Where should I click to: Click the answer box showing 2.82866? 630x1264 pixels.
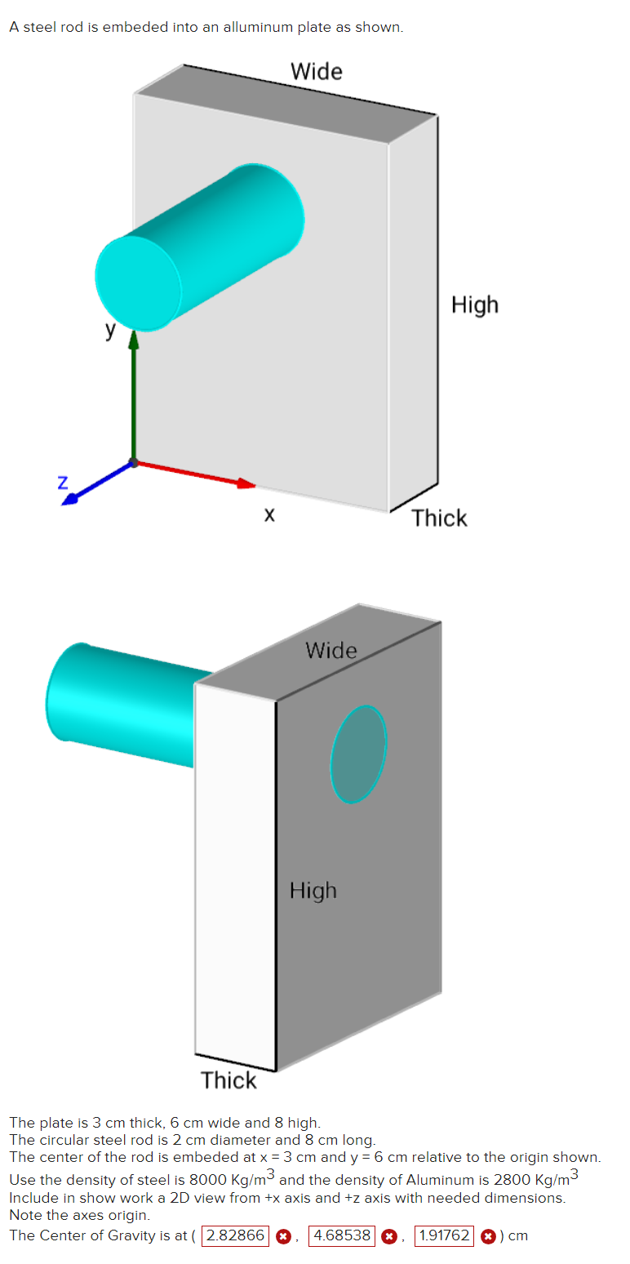click(235, 1235)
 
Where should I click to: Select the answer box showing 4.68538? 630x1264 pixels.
click(341, 1235)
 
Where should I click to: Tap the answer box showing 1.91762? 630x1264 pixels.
click(444, 1235)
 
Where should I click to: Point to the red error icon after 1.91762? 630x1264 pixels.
click(488, 1236)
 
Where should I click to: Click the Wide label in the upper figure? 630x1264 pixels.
click(317, 72)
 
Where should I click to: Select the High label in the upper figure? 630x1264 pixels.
click(474, 305)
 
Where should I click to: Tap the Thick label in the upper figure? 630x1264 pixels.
click(439, 519)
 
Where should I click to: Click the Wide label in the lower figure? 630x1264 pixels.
click(331, 651)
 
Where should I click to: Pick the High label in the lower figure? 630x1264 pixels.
click(313, 890)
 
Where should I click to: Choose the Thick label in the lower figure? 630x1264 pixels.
click(228, 1080)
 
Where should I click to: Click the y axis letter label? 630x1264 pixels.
click(110, 331)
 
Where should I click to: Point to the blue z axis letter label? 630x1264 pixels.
click(62, 482)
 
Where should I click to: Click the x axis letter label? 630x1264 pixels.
click(269, 515)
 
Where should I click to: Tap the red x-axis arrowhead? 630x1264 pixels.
click(246, 483)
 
